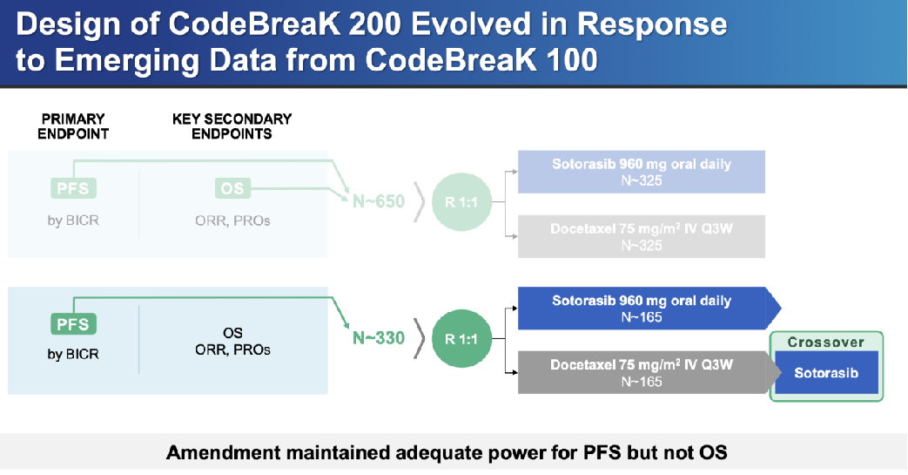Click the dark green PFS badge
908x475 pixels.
pyautogui.click(x=73, y=323)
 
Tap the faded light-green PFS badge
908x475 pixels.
pyautogui.click(x=73, y=188)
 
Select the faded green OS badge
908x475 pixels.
pyautogui.click(x=232, y=188)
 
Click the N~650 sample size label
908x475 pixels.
pyautogui.click(x=379, y=201)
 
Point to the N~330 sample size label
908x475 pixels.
pyautogui.click(x=379, y=337)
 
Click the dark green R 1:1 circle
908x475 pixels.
pyautogui.click(x=461, y=339)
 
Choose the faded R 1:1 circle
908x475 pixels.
pyautogui.click(x=461, y=202)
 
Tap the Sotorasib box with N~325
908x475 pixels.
pyautogui.click(x=641, y=172)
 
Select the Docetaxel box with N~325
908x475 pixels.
pyautogui.click(x=641, y=237)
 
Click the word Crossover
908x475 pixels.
pyautogui.click(x=826, y=343)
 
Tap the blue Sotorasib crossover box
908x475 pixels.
pyautogui.click(x=826, y=372)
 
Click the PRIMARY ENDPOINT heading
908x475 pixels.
pyautogui.click(x=73, y=126)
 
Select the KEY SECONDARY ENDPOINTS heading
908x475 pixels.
pyautogui.click(x=232, y=126)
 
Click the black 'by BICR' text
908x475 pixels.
pyautogui.click(x=73, y=354)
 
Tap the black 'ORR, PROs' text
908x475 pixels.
pyautogui.click(x=232, y=349)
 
